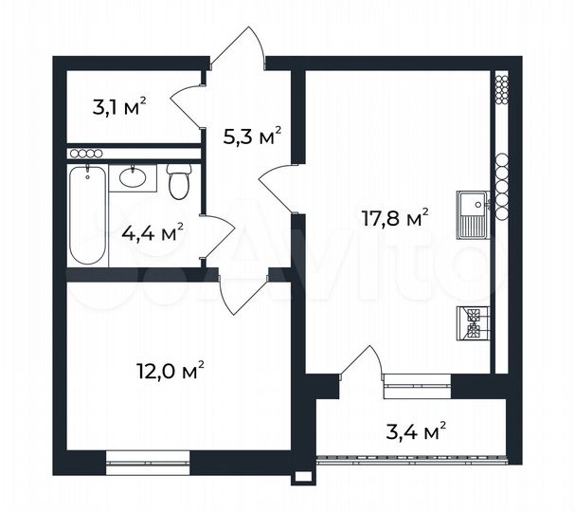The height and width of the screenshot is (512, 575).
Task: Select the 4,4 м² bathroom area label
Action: pos(152,230)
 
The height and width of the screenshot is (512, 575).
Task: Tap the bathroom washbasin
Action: pos(134,177)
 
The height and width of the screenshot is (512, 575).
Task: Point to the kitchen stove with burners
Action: pos(472,323)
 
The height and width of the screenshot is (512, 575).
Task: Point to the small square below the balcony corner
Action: pos(302,477)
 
